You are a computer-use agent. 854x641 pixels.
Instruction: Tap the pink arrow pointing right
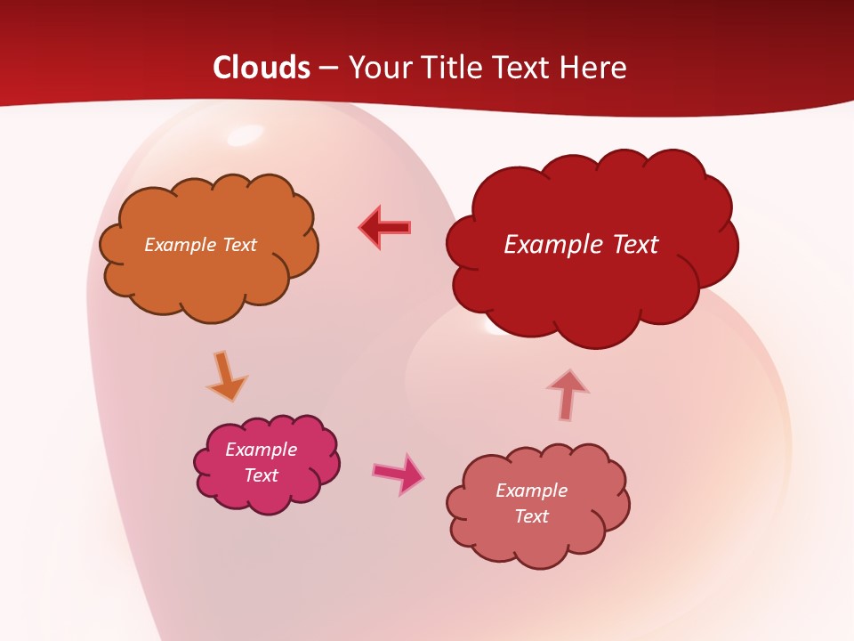[398, 473]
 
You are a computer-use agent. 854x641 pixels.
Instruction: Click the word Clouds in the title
[262, 68]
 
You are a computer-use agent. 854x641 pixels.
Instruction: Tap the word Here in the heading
[593, 68]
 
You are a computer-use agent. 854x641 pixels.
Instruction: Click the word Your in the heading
[373, 68]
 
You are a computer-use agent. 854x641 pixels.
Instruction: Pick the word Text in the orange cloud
[238, 245]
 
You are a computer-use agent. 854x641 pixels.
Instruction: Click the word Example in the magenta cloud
[261, 450]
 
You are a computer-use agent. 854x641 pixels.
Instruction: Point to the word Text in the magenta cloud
[261, 475]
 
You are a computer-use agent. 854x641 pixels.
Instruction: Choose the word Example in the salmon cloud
[531, 491]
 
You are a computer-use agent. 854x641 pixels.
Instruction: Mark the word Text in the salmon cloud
[531, 516]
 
